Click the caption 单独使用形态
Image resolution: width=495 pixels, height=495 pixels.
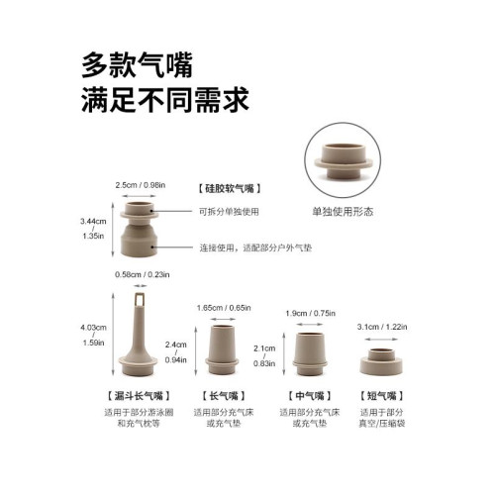pyautogui.click(x=343, y=211)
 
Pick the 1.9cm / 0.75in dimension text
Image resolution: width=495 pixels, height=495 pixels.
pyautogui.click(x=311, y=314)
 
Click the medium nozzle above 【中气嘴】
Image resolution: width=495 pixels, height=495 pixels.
pyautogui.click(x=311, y=351)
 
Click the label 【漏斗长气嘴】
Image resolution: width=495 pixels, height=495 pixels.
pyautogui.click(x=141, y=393)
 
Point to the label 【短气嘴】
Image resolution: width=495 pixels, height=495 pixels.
pyautogui.click(x=382, y=393)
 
